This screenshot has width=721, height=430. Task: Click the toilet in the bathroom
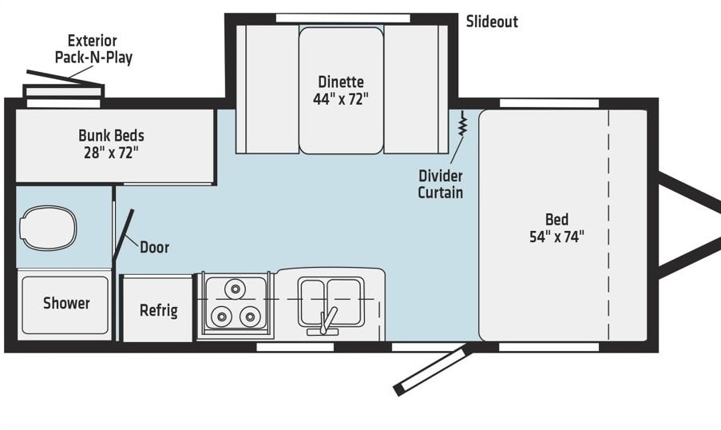coord(48,228)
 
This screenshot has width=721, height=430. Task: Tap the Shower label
coord(66,303)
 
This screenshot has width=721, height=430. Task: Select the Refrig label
coord(159,310)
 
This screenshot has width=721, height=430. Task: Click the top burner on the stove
coord(235,289)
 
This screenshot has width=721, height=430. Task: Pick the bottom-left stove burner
coord(221,317)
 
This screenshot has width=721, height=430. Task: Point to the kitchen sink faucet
coord(326,321)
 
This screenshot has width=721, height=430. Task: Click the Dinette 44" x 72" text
coord(341,90)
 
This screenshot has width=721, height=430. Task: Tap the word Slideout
coord(492,22)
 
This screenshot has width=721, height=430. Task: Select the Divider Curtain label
coord(441,184)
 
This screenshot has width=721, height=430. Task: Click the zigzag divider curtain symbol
coord(462,123)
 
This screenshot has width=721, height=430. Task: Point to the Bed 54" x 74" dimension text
coord(557,228)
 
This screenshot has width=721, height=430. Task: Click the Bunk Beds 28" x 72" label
coord(111,144)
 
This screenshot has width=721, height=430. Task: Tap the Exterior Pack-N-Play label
coord(93,49)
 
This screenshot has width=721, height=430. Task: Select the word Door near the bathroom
coord(155,247)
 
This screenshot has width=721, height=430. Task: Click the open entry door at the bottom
coord(431,370)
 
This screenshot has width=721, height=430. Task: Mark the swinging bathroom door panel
coord(123,234)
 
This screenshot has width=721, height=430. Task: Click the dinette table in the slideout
coord(341,90)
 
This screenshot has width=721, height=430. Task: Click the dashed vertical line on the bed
coord(608,225)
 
